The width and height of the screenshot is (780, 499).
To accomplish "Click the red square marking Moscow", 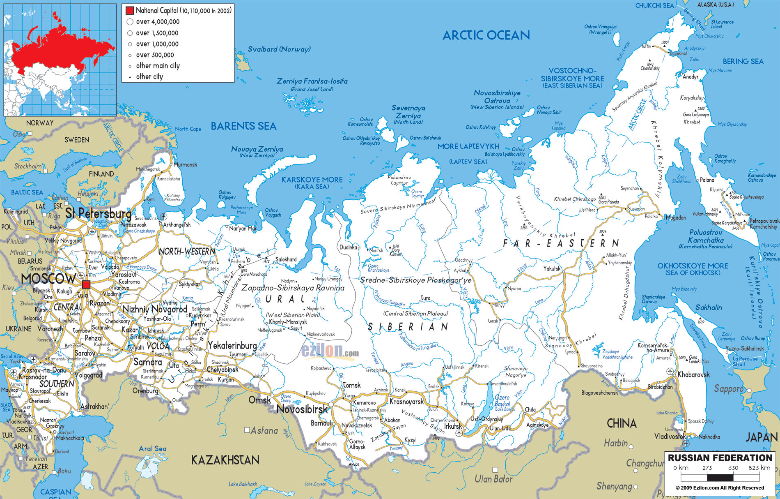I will (86, 284).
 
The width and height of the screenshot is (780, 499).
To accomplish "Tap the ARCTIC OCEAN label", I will (486, 36).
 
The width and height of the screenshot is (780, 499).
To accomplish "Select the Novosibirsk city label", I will (302, 409).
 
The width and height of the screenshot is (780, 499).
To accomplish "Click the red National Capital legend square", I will (130, 11).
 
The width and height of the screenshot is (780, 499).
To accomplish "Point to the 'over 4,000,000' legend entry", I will (157, 22).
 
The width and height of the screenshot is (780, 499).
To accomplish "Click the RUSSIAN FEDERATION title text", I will (720, 458).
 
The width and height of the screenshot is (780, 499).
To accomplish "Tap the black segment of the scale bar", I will (720, 478).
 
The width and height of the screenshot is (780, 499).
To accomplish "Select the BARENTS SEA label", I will (243, 126).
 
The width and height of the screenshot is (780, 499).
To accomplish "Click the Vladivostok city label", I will (670, 436).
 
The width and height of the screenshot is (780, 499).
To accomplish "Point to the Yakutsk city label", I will (551, 268).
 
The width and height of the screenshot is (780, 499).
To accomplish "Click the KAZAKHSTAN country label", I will (225, 460).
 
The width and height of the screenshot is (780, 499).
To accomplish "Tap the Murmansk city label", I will (185, 164).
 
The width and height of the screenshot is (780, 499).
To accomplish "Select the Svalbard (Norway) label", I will (279, 49).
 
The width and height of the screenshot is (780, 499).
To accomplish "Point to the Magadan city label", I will (675, 218).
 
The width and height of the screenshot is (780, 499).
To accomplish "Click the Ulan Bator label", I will (493, 479).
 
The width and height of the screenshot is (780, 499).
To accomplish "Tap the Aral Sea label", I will (152, 448).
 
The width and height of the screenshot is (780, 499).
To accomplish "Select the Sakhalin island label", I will (709, 307).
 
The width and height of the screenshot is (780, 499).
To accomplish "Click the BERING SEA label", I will (743, 62).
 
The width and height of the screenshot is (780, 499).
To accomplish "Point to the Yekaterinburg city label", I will (232, 345).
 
